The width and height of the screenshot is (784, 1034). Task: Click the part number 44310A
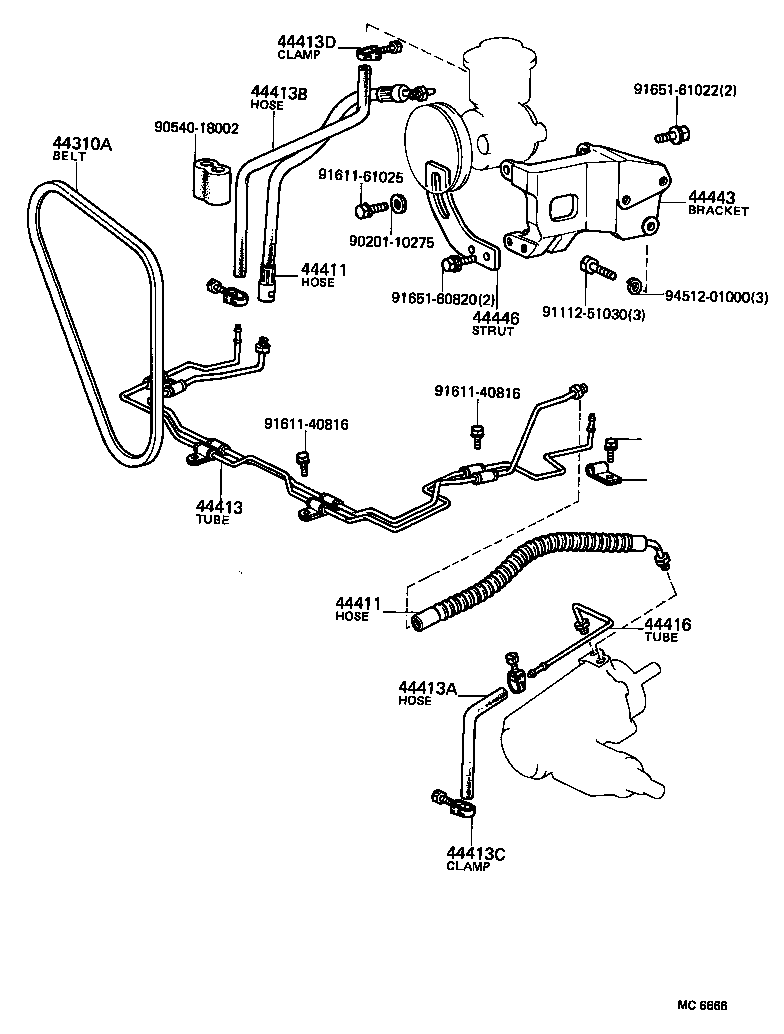pyautogui.click(x=82, y=144)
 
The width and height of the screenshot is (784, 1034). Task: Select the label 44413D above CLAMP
pyautogui.click(x=306, y=41)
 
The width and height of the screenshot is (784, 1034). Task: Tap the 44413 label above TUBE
pyautogui.click(x=219, y=507)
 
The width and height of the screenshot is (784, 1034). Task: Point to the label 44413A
pyautogui.click(x=427, y=687)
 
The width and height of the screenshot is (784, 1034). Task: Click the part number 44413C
pyautogui.click(x=476, y=853)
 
